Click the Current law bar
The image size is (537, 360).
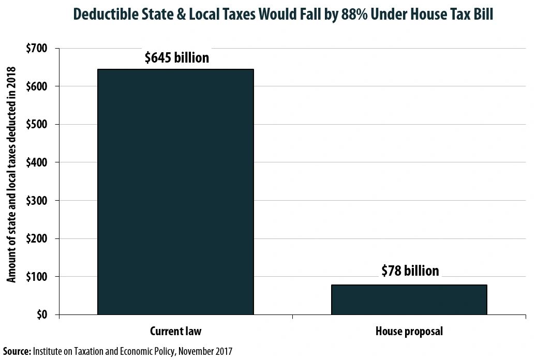coord(175,192)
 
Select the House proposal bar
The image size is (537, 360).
coord(409,299)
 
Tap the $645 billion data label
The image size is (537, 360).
coord(176,57)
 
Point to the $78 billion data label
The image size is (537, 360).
coord(410,271)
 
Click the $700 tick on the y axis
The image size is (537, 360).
coord(37,49)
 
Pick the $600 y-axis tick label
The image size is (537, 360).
coord(37,86)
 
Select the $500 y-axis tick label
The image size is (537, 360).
coord(37,125)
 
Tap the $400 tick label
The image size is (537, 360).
coord(37,162)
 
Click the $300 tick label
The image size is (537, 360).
coord(37,201)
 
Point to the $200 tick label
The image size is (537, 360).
coord(37,239)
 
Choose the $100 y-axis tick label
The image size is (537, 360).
coord(37,277)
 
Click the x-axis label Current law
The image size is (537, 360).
coord(175,331)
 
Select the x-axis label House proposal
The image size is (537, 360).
coord(409,331)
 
